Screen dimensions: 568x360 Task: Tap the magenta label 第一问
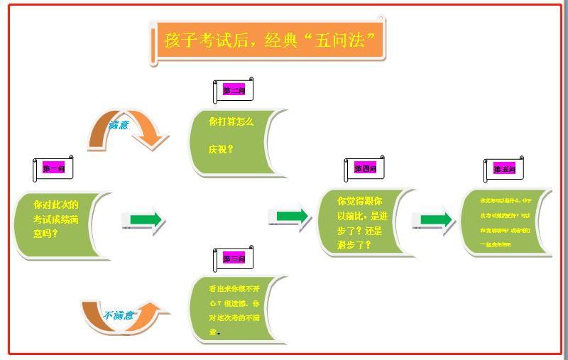pos(54,168)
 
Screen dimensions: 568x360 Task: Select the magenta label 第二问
pos(234,90)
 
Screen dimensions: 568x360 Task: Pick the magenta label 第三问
pos(234,258)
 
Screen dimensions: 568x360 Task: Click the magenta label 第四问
pos(364,168)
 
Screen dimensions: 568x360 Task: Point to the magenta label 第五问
pos(505,169)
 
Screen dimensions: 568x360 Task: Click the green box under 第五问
pos(505,221)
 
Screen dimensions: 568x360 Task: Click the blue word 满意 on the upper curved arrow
pos(119,125)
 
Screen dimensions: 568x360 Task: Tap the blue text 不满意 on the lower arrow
pos(119,315)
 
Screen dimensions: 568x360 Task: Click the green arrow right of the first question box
pos(146,219)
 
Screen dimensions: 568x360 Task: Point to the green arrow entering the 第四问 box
pos(292,216)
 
